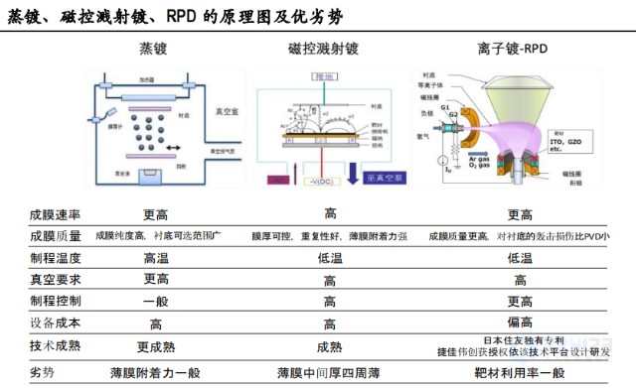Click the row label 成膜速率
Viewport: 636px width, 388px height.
56,214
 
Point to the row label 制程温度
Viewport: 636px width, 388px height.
56,258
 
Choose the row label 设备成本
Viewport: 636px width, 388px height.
56,323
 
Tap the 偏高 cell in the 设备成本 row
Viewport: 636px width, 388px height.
520,323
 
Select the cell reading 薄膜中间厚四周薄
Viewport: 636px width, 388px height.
329,372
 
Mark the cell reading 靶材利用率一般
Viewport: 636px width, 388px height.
520,372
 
